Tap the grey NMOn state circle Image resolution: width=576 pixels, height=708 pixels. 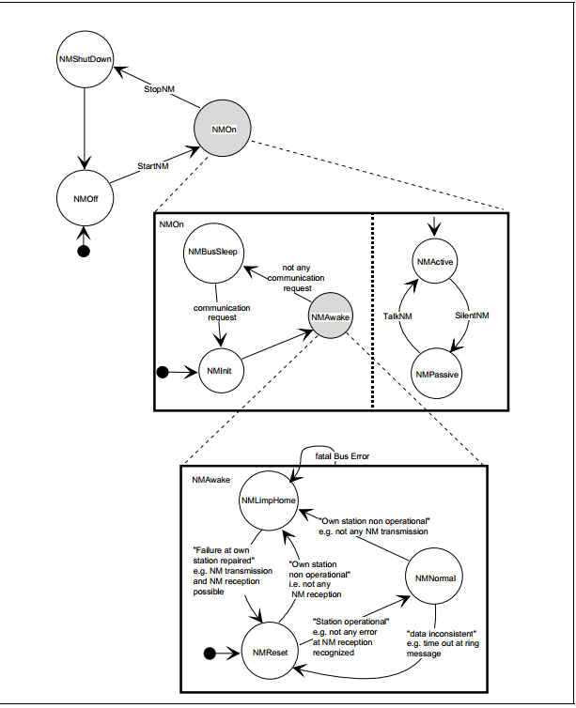(x=223, y=129)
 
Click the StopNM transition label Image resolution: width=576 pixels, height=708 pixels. (x=159, y=89)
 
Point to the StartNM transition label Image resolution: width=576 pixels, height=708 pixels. (x=153, y=166)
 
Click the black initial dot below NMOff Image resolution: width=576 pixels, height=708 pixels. (x=84, y=251)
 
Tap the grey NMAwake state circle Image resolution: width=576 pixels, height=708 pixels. (x=330, y=316)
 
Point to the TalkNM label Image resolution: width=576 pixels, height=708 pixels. (x=397, y=316)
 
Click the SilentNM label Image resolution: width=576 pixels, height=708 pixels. (x=472, y=316)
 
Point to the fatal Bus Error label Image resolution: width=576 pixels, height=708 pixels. (x=342, y=456)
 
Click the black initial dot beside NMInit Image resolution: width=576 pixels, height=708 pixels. (x=163, y=372)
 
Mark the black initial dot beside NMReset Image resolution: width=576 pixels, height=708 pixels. (x=210, y=653)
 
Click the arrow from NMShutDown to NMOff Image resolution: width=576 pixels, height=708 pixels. (x=85, y=129)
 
